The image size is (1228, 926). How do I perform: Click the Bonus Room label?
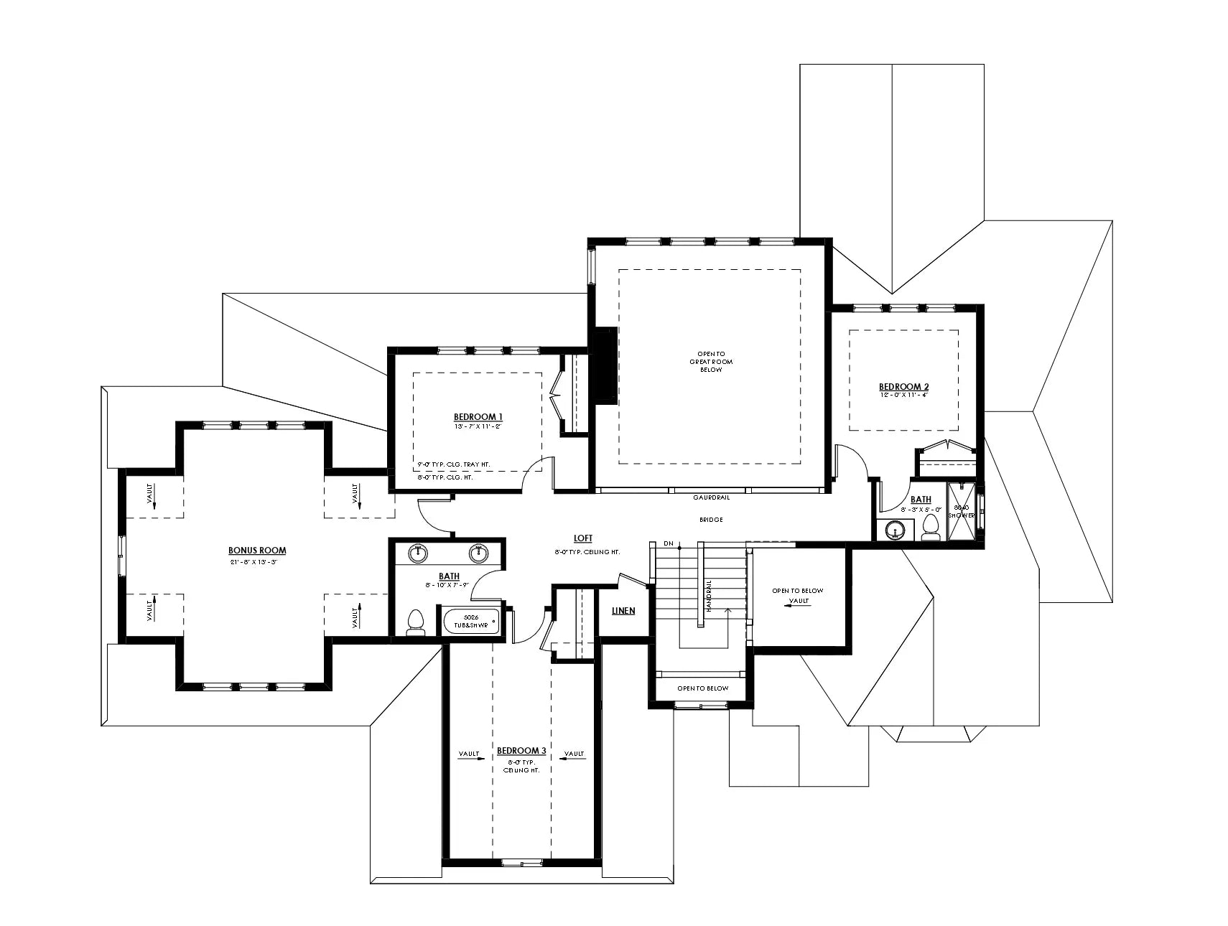tap(257, 551)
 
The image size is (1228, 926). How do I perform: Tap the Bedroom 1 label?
tap(478, 416)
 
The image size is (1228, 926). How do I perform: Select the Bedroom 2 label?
tap(903, 387)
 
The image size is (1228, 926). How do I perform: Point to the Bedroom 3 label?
tap(521, 751)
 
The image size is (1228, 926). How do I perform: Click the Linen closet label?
tap(623, 611)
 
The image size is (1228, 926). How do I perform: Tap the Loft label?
tap(583, 538)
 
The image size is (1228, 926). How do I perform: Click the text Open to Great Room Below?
tap(711, 361)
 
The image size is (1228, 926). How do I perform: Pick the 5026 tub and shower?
tap(471, 621)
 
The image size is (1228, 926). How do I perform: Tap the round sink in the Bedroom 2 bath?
tap(894, 530)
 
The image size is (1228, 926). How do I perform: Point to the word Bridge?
tap(710, 519)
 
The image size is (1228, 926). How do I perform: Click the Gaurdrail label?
tap(711, 497)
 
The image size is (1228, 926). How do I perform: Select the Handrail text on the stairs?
tap(708, 595)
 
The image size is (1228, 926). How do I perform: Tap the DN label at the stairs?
tap(668, 543)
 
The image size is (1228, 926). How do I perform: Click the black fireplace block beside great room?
tap(603, 365)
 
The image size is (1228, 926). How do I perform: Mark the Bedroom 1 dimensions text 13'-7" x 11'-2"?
tap(478, 426)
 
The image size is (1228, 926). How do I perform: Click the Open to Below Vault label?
tap(798, 595)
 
